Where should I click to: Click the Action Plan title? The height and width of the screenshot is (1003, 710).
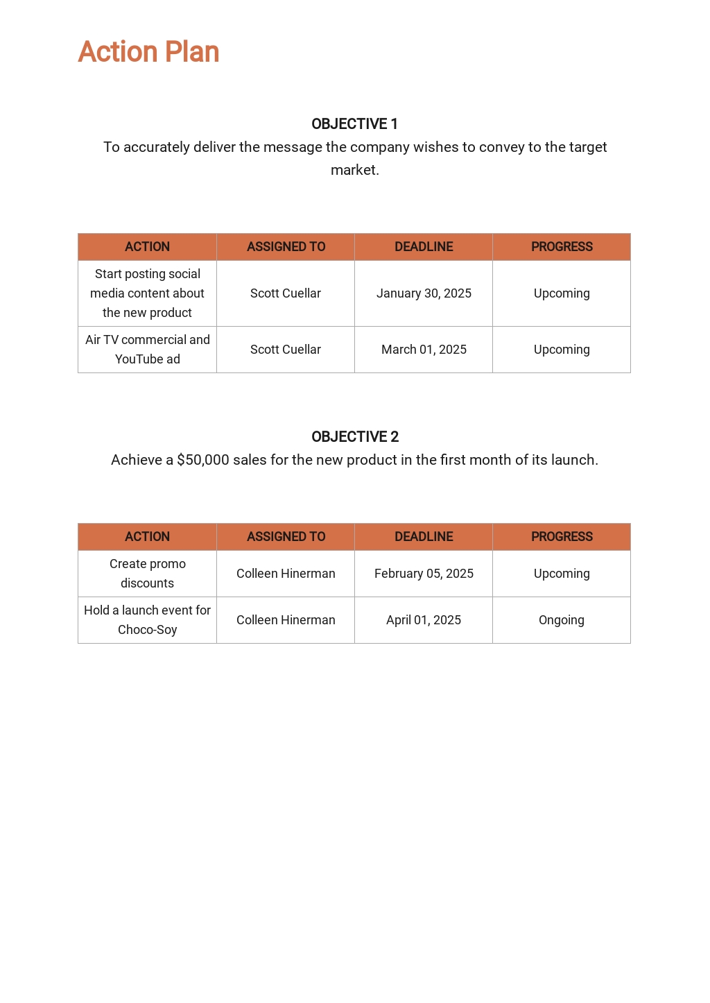(x=148, y=52)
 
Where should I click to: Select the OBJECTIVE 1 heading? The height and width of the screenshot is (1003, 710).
(x=354, y=124)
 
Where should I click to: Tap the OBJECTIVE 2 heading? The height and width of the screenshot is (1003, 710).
(x=355, y=437)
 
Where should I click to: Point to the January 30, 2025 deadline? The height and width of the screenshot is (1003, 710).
(x=424, y=293)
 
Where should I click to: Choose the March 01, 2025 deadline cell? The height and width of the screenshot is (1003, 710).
(x=424, y=350)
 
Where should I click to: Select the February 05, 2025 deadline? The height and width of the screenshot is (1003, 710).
(x=424, y=574)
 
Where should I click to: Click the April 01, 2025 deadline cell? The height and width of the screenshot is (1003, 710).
(x=424, y=620)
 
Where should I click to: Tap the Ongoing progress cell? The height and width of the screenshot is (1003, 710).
(x=562, y=620)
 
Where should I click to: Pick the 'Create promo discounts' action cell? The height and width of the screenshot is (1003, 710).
(x=148, y=574)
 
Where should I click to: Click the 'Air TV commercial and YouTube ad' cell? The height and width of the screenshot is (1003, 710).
(x=148, y=350)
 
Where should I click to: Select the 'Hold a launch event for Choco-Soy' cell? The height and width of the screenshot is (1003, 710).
(x=148, y=620)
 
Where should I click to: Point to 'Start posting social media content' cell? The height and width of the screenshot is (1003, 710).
(x=148, y=293)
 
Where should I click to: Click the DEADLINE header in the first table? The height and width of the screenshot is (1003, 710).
(x=424, y=247)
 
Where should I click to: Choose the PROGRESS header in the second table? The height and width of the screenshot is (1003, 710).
(x=562, y=537)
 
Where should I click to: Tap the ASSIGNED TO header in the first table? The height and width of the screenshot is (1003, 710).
(x=286, y=247)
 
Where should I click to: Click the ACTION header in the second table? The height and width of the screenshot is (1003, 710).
(x=148, y=537)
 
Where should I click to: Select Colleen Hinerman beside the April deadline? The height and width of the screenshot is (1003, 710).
(x=286, y=620)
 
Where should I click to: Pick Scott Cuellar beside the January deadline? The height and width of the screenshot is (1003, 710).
(x=286, y=293)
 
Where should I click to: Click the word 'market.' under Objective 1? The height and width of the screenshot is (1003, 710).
(x=355, y=170)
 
